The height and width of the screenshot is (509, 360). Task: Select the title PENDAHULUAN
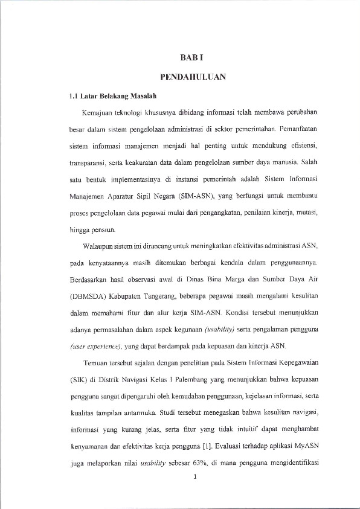(193, 77)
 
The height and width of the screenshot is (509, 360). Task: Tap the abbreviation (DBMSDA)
(87, 297)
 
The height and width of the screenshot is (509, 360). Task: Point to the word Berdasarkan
(88, 281)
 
